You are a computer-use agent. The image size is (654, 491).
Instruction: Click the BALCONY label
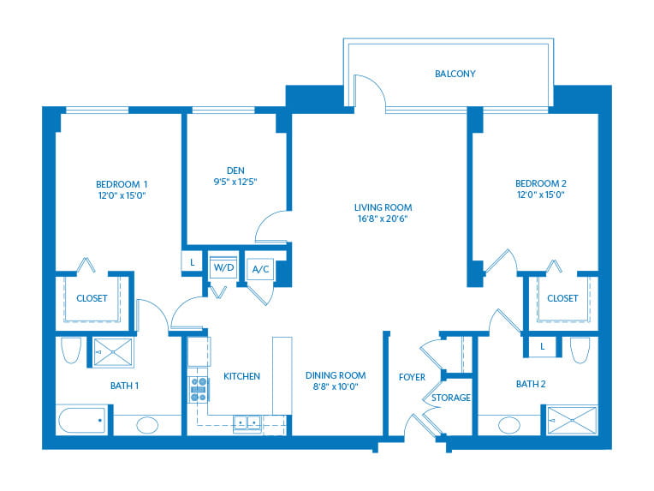pos(454,74)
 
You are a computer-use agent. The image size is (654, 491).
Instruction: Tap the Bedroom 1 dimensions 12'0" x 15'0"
pos(122,195)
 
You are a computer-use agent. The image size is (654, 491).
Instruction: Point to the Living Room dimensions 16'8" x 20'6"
pos(383,219)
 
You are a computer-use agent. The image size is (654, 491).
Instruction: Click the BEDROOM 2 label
pos(540,183)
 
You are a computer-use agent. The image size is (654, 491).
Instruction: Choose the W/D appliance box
pos(224,267)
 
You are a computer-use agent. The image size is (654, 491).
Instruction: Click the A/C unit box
pos(259,269)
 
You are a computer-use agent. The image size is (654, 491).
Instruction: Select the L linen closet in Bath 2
pos(543,346)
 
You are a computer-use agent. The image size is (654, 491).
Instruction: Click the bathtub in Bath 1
pos(82,421)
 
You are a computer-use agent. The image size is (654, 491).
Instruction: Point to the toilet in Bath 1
pos(71,350)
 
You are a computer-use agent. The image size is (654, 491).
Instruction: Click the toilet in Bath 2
pos(580,350)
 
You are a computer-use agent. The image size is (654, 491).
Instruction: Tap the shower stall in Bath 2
pos(572,419)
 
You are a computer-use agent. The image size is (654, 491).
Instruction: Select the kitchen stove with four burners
pos(199,390)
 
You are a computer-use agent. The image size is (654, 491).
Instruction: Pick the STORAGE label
pos(450,398)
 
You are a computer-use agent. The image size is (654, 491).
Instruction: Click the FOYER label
pos(412,377)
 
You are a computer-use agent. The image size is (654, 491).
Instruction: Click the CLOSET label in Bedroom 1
pos(92,298)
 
